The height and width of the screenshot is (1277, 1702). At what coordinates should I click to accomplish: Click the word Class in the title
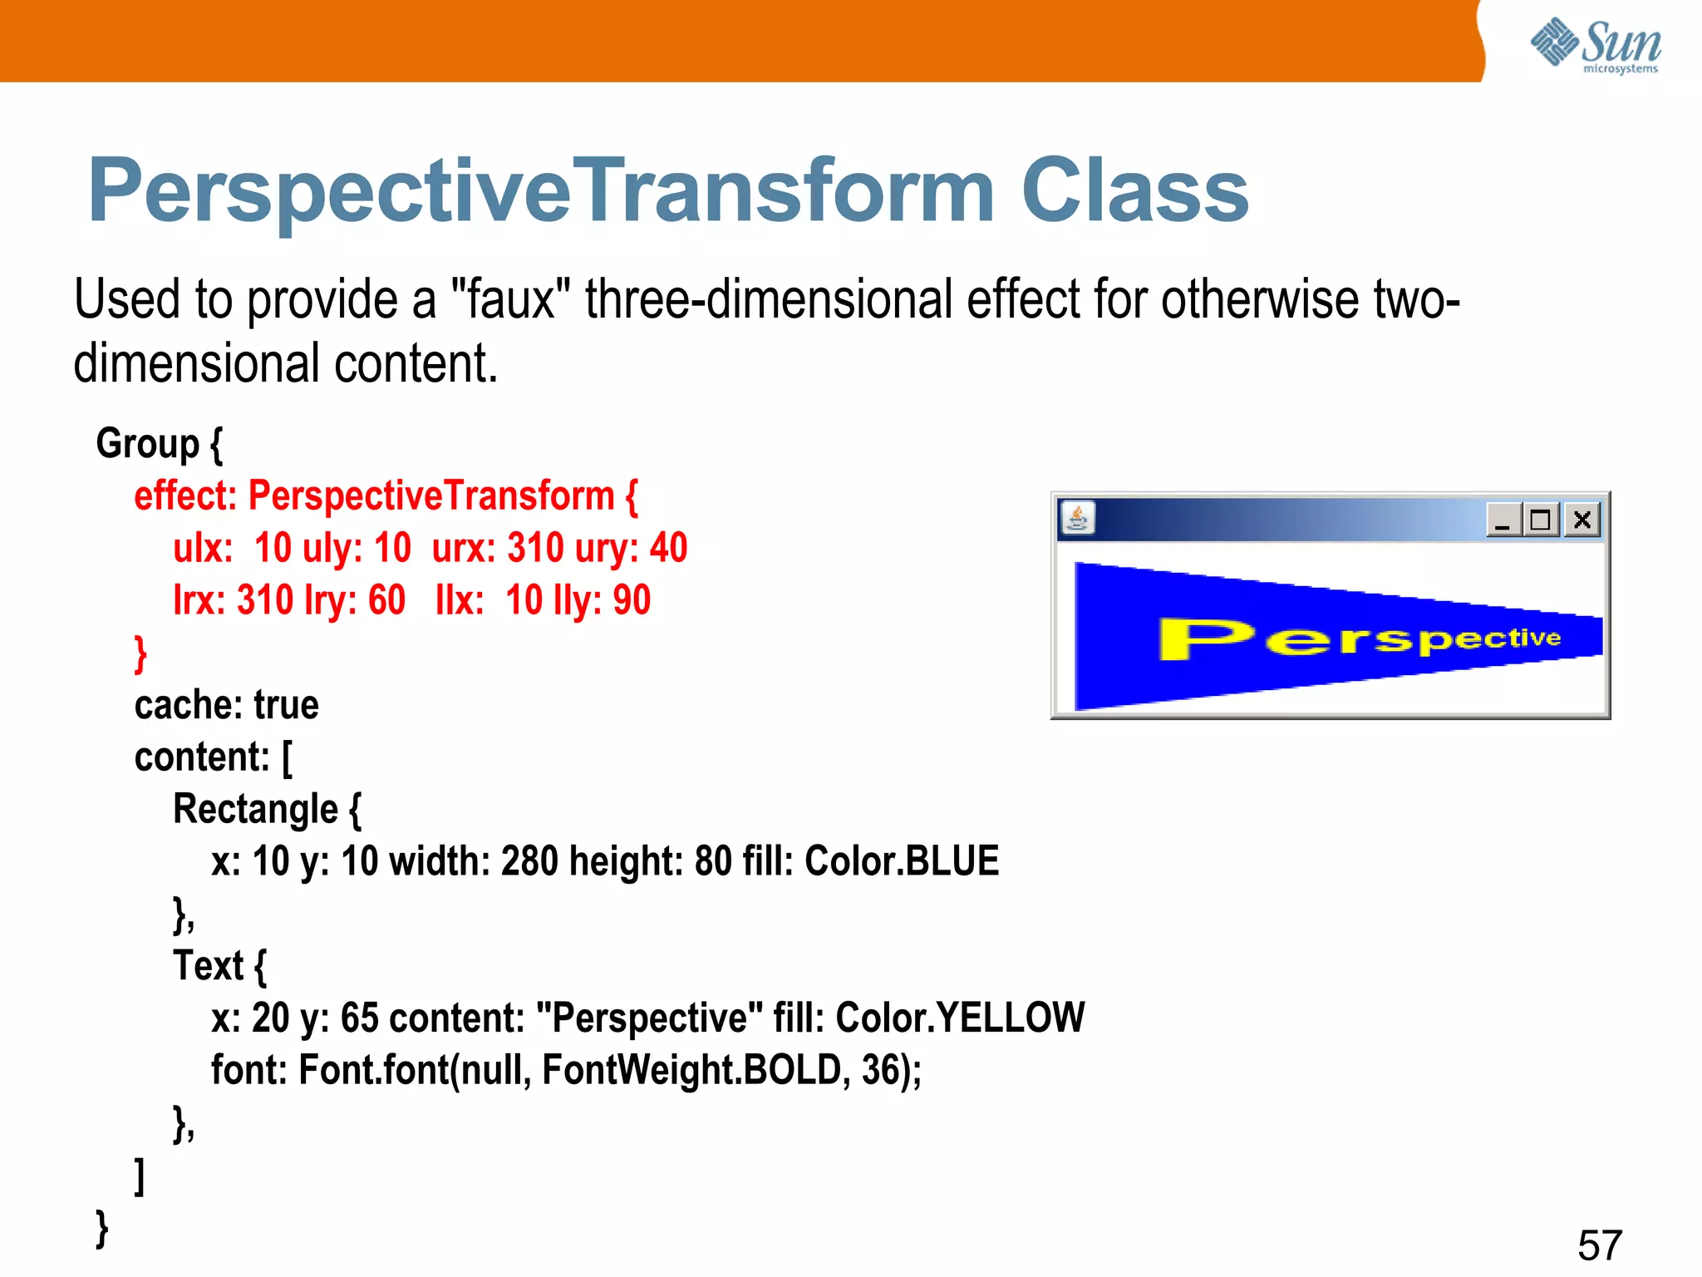(1134, 191)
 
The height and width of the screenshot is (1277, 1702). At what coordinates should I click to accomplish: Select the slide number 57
(1599, 1245)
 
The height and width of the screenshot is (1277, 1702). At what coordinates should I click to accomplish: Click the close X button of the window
(1582, 520)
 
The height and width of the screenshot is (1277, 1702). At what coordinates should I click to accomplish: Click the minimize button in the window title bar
(1503, 520)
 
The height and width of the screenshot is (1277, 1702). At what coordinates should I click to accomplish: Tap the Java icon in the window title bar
(1078, 519)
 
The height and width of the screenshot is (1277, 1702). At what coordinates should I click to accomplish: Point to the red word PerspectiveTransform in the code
(431, 496)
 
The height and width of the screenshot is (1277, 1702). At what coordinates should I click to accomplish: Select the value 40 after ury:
(668, 548)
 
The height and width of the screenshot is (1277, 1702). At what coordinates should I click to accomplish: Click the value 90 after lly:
(632, 600)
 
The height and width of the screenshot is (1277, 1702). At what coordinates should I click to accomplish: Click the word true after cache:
(286, 705)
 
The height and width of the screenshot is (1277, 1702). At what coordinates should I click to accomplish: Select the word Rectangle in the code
(255, 809)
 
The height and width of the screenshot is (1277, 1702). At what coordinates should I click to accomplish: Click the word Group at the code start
(148, 443)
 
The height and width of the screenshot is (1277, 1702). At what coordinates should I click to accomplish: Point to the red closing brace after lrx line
(140, 653)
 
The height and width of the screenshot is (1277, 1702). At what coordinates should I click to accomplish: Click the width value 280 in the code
(529, 861)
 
